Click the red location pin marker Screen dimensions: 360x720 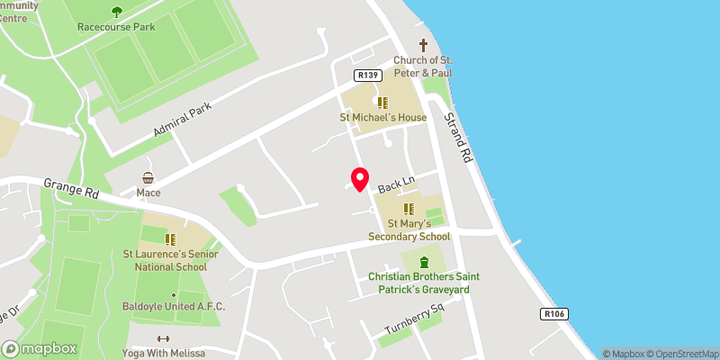[x=360, y=179]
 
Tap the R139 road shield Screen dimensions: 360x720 [x=365, y=76]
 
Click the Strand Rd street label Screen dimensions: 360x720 [x=458, y=136]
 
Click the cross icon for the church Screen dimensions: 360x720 [x=423, y=45]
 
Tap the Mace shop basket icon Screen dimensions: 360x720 [x=148, y=178]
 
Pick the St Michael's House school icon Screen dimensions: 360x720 [x=382, y=103]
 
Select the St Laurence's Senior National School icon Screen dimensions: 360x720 [x=170, y=239]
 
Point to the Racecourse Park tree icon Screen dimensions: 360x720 [x=116, y=12]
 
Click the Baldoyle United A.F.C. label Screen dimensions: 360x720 [x=174, y=307]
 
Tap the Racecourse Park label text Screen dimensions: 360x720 [x=116, y=27]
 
